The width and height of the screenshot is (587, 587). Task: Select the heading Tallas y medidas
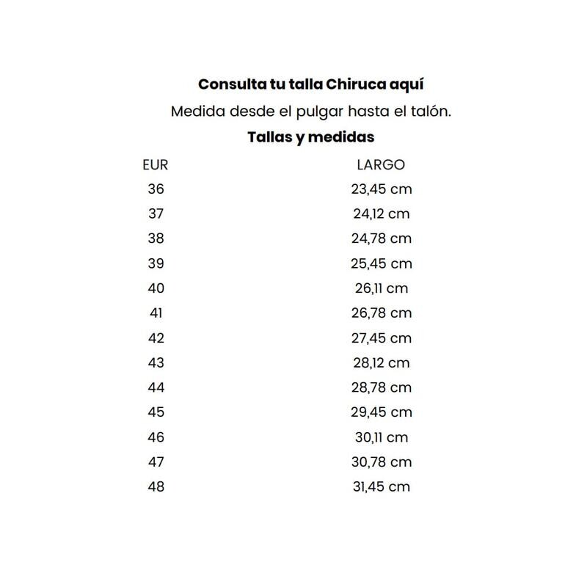pos(311,137)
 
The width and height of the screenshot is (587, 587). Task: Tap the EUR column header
pos(156,165)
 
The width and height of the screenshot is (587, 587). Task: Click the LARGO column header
pos(381,165)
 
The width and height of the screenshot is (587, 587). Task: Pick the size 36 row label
pos(156,189)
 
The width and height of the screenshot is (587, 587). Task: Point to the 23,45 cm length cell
pos(381,189)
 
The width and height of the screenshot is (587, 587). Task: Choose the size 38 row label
pos(156,238)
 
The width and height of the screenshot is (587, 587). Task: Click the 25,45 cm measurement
pos(381,263)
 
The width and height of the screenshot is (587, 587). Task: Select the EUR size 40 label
pos(156,288)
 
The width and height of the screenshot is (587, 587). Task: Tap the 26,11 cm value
pos(381,288)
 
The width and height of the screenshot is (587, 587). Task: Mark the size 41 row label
pos(156,313)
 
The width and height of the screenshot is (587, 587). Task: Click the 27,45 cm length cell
pos(381,338)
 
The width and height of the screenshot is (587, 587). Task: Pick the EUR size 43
pos(156,362)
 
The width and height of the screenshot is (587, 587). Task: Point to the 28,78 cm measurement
pos(381,387)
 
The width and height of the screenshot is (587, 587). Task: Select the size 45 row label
pos(156,412)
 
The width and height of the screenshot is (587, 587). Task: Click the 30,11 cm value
pos(381,437)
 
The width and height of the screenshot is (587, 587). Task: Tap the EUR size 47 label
pos(156,462)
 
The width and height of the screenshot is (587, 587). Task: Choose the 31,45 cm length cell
pos(381,486)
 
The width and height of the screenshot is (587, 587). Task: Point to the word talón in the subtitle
pos(431,112)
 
